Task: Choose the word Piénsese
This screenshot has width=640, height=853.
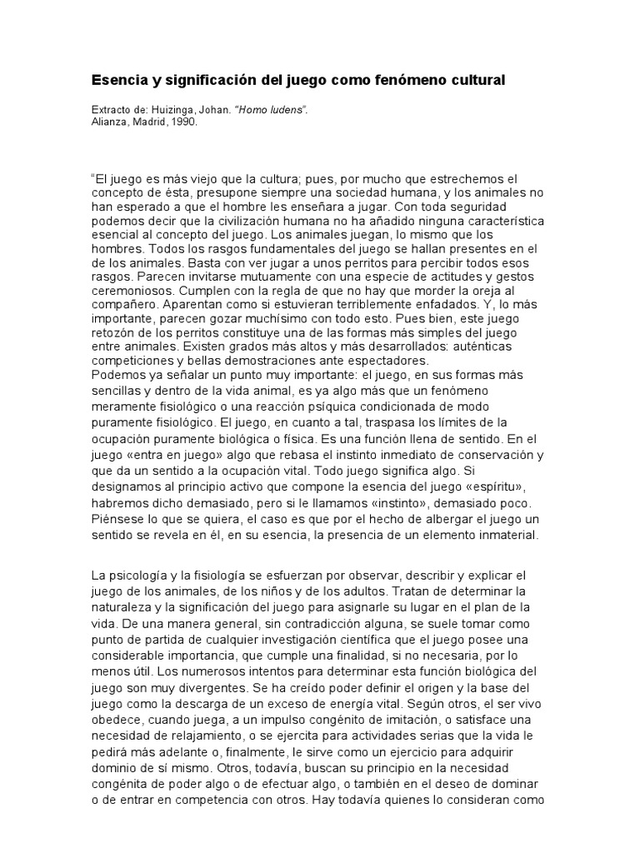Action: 117,521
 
